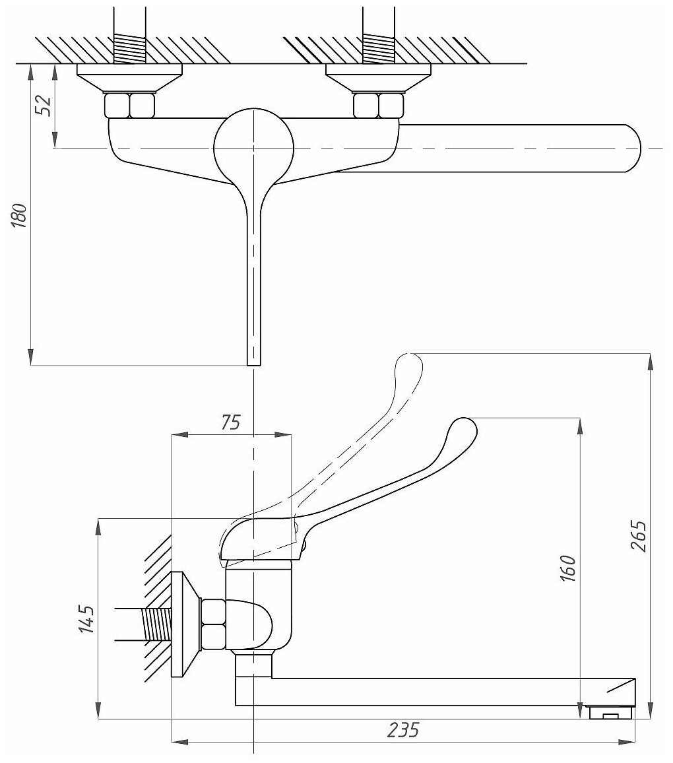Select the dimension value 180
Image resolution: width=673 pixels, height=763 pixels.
click(20, 215)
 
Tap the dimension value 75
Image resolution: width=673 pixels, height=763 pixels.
click(230, 422)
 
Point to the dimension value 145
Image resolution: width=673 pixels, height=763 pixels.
click(86, 619)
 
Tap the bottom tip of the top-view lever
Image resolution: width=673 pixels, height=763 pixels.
click(254, 360)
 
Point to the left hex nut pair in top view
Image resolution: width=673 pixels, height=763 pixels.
click(130, 105)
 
